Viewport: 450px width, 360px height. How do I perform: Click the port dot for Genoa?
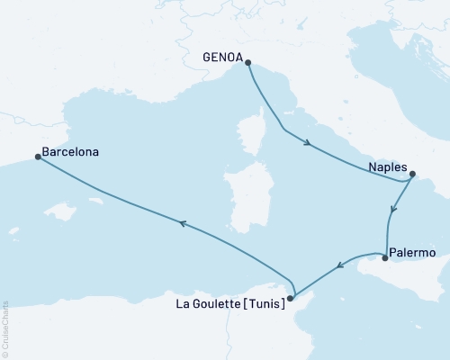(247, 63)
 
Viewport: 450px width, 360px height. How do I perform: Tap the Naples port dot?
(413, 175)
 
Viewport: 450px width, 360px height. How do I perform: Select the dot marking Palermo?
(385, 258)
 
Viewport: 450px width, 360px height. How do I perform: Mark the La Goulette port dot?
(290, 298)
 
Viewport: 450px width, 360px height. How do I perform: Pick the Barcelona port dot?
(38, 157)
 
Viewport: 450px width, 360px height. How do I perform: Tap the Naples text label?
(387, 166)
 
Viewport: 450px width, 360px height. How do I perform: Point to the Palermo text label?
(415, 254)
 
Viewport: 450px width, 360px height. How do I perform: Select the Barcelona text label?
(70, 152)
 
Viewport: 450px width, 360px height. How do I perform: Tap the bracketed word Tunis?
(265, 304)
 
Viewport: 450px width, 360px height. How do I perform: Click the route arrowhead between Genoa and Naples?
(308, 142)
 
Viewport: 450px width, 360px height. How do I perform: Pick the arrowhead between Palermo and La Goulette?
(339, 265)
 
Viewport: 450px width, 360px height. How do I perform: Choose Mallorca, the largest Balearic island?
(61, 211)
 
